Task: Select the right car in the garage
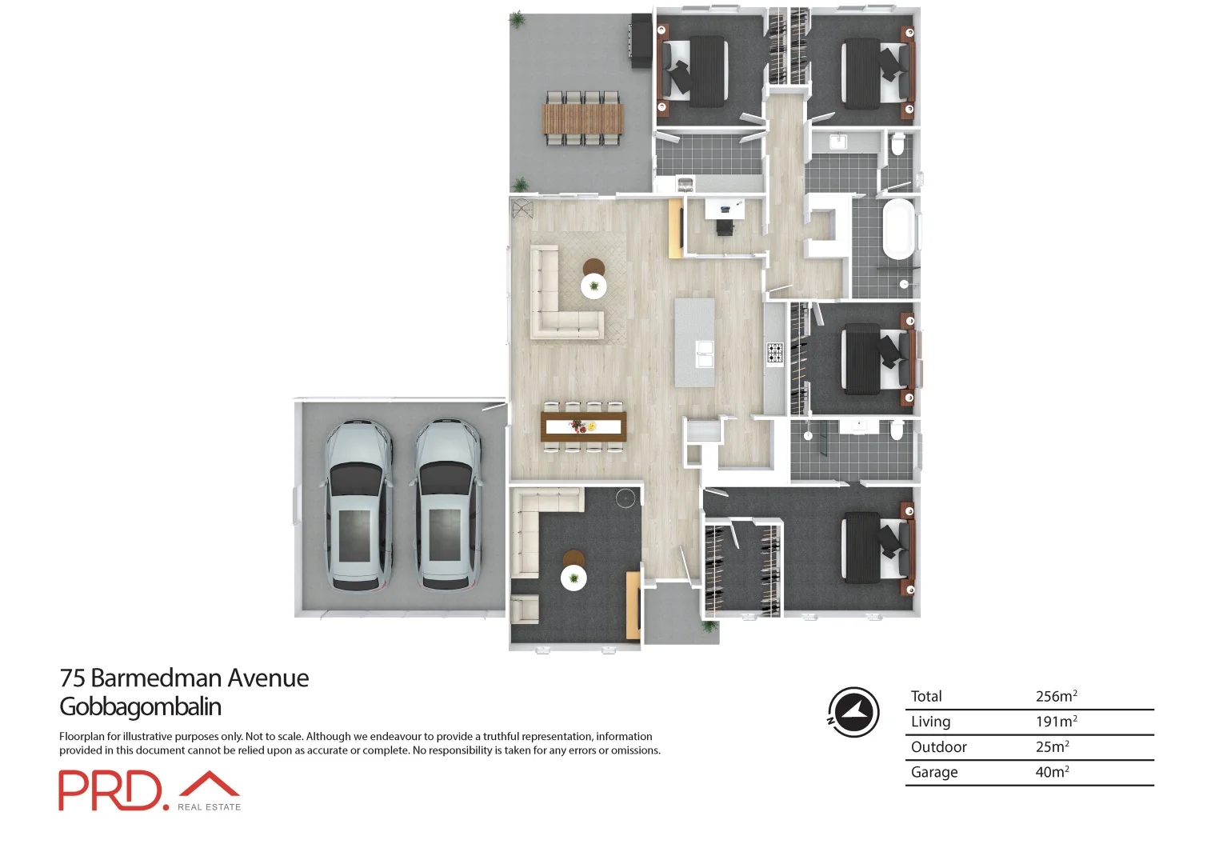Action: (447, 506)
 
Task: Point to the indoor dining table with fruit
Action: (582, 426)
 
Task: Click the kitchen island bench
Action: (694, 342)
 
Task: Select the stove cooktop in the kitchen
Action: (775, 352)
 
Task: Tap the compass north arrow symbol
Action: (853, 711)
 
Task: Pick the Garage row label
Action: (933, 772)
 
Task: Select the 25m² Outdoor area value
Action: (1052, 746)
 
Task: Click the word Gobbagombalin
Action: (140, 706)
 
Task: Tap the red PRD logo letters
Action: (110, 791)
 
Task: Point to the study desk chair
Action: (725, 227)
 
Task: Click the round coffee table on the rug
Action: (594, 286)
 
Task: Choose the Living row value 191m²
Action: (1056, 722)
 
